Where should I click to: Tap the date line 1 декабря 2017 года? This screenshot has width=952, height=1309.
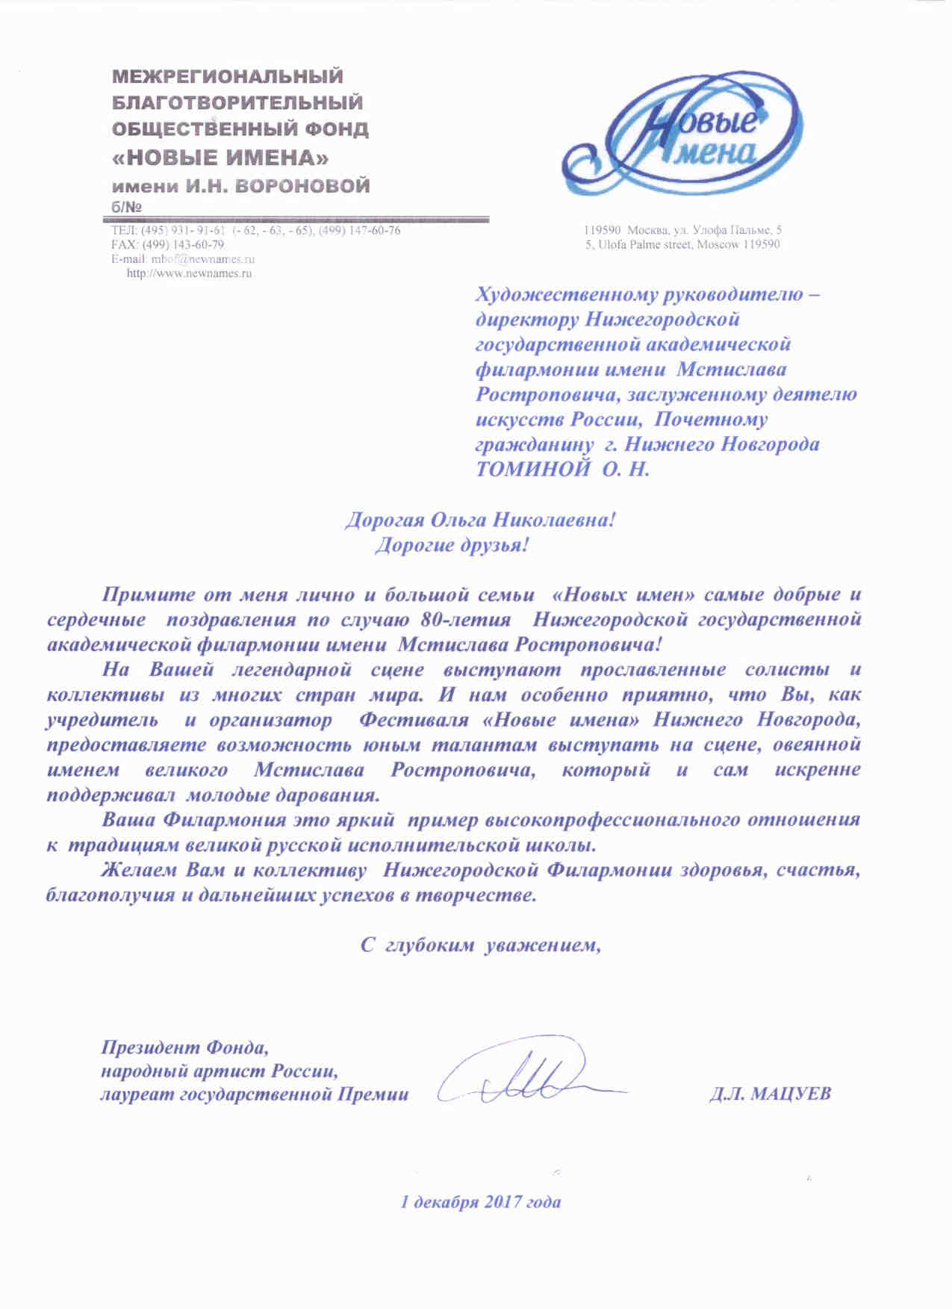[481, 1202]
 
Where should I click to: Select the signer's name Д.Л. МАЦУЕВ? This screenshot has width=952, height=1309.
[771, 1094]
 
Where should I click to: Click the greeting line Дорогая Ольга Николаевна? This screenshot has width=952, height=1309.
[479, 520]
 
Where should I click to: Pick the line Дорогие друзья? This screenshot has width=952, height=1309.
[451, 545]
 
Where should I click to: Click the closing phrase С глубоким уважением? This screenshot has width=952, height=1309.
[481, 945]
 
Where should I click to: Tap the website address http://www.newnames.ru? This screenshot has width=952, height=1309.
[190, 273]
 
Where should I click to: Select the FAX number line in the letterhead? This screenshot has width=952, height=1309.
[167, 244]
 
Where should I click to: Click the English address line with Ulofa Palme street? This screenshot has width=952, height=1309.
[682, 244]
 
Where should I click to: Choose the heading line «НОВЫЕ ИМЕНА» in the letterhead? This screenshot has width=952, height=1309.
[221, 158]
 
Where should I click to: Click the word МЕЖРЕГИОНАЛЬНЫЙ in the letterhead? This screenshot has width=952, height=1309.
[228, 76]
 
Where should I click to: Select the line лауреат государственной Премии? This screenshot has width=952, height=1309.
[255, 1094]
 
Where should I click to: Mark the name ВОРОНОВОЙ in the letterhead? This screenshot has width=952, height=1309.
[303, 186]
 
